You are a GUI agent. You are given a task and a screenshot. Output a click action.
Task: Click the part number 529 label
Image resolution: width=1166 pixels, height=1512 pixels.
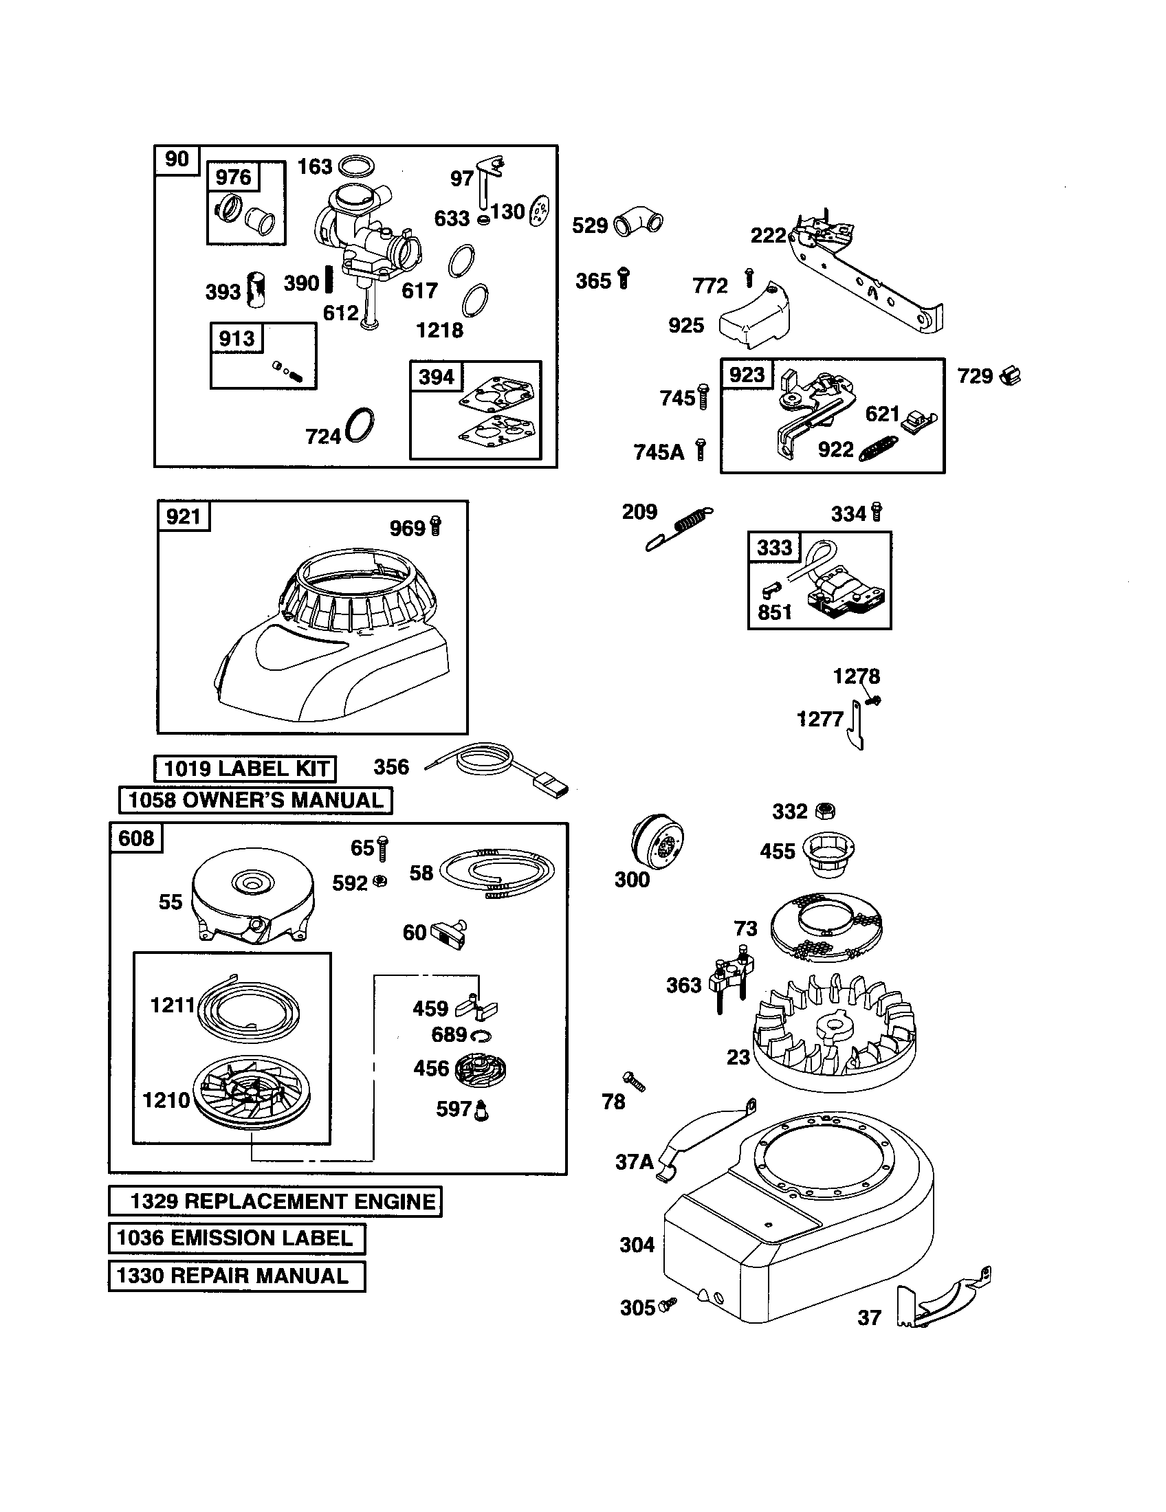pyautogui.click(x=589, y=225)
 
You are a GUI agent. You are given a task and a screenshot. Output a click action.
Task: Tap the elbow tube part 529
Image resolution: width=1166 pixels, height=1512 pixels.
pyautogui.click(x=637, y=221)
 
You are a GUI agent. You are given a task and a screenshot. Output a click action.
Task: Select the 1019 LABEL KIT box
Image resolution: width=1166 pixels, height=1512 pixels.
pyautogui.click(x=245, y=768)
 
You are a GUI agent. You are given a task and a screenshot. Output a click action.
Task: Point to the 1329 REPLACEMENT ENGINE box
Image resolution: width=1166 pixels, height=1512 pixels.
pyautogui.click(x=275, y=1201)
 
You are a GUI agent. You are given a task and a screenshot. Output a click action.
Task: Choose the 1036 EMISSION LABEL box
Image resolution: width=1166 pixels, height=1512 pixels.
pyautogui.click(x=236, y=1238)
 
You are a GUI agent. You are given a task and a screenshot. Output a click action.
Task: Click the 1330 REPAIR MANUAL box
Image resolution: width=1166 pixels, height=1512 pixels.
pyautogui.click(x=236, y=1276)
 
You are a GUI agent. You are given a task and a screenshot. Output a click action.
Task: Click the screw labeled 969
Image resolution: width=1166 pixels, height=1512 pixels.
pyautogui.click(x=435, y=526)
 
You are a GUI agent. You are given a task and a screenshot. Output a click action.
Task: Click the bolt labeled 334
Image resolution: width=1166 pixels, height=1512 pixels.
pyautogui.click(x=877, y=511)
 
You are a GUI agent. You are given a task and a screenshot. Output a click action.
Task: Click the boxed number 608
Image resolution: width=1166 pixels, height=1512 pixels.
pyautogui.click(x=136, y=838)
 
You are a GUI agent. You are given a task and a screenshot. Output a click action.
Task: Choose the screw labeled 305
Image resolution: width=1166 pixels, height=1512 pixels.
pyautogui.click(x=668, y=1304)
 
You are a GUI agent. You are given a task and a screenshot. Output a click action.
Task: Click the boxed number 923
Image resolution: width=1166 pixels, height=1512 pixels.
pyautogui.click(x=747, y=375)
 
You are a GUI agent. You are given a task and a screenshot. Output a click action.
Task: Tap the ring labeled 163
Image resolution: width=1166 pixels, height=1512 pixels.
pyautogui.click(x=359, y=166)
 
